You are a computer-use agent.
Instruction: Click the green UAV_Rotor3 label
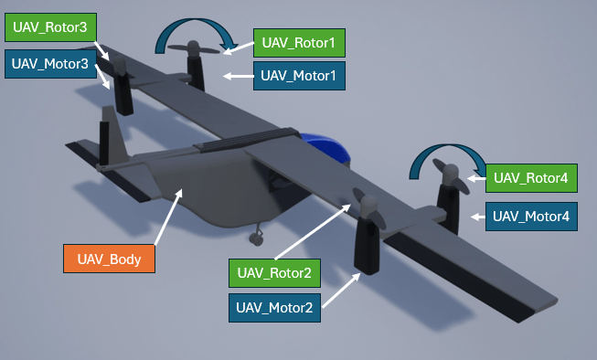[x=50, y=28]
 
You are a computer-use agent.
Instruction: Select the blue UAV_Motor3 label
[x=50, y=65]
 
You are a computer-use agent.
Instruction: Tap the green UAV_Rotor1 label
[x=299, y=42]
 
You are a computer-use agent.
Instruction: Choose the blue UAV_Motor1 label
[x=299, y=76]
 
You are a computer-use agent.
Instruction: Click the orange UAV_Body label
[x=109, y=259]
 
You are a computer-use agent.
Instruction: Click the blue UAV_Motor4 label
[x=531, y=217]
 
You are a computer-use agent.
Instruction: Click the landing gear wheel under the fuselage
[x=257, y=238]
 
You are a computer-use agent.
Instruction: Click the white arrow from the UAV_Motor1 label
[x=239, y=76]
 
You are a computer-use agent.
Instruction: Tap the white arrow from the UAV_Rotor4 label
[x=475, y=178]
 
